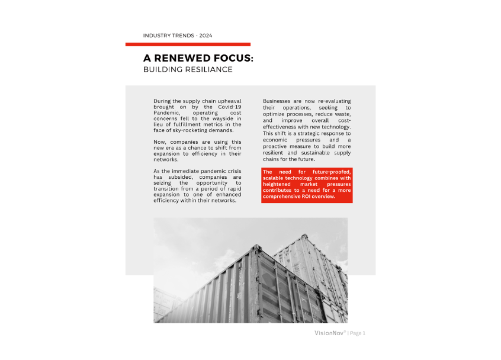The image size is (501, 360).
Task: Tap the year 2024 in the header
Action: [205, 36]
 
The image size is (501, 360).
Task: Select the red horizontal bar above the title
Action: [188, 44]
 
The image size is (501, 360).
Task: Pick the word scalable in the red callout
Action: [277, 178]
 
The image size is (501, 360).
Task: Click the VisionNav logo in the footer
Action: [330, 333]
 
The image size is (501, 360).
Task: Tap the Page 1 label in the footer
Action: [358, 333]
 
